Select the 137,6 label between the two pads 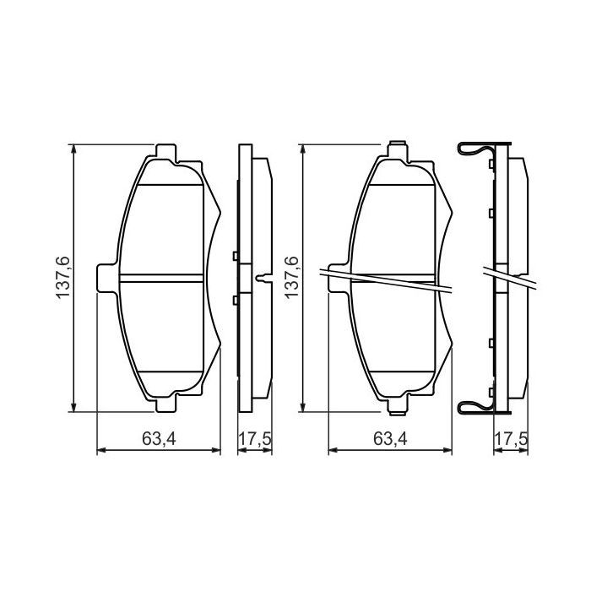click(292, 275)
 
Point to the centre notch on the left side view click(264, 278)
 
